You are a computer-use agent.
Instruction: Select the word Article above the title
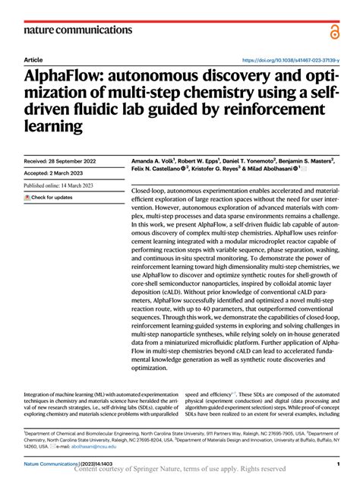[x=33, y=59]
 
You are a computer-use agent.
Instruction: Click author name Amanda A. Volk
[x=154, y=161]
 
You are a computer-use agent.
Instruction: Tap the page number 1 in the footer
[x=336, y=463]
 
